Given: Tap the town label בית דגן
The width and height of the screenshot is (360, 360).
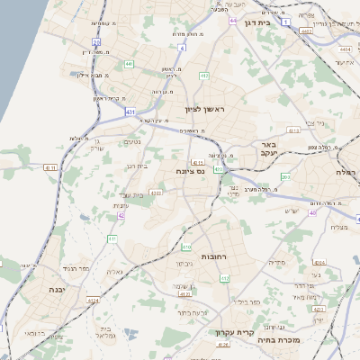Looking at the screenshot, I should (x=257, y=22).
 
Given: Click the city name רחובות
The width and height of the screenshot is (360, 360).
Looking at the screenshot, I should (x=213, y=256).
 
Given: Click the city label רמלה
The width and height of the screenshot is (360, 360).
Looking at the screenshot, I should (x=346, y=172).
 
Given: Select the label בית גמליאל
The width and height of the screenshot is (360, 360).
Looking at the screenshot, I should (x=101, y=331).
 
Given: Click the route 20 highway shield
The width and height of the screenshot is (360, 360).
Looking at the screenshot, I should (x=96, y=41).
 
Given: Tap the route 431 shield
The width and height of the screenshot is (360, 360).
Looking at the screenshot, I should (x=131, y=112).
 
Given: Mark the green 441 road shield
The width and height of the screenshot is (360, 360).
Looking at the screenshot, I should (x=129, y=64).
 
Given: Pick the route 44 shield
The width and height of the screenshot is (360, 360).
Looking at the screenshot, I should (x=233, y=20).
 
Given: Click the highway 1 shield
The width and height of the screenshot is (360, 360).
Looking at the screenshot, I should (x=284, y=20).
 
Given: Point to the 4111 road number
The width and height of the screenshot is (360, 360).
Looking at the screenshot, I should (x=197, y=162).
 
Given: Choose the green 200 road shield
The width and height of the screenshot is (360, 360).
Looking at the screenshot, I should (x=284, y=176).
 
